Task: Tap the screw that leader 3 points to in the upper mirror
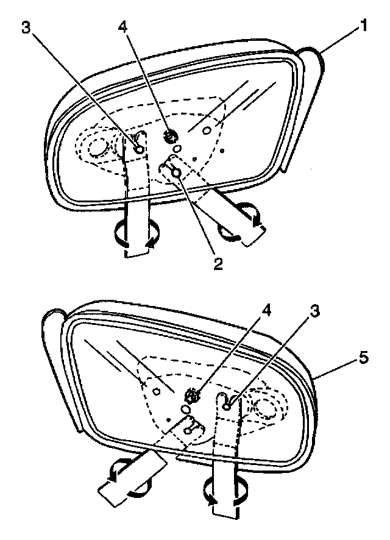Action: click(140, 149)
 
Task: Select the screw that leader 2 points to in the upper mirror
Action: click(177, 174)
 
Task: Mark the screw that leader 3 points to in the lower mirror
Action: click(227, 405)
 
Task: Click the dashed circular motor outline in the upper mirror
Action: click(96, 147)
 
